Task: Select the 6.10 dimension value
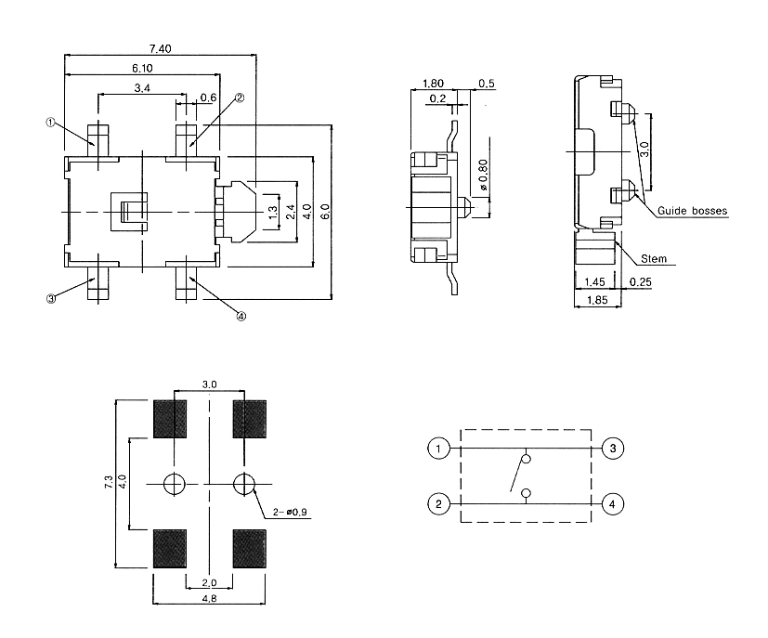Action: coord(142,68)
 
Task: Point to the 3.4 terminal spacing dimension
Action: coord(143,88)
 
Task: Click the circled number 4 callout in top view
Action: coord(241,316)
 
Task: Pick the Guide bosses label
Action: coord(692,211)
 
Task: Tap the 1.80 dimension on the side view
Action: coord(432,84)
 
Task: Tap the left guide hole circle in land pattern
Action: coord(174,483)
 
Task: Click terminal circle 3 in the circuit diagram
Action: coord(612,449)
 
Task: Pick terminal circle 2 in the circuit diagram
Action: coord(437,505)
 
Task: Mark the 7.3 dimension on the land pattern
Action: coord(108,482)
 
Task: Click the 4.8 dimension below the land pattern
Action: coord(210,600)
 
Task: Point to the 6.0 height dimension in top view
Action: coord(324,212)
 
